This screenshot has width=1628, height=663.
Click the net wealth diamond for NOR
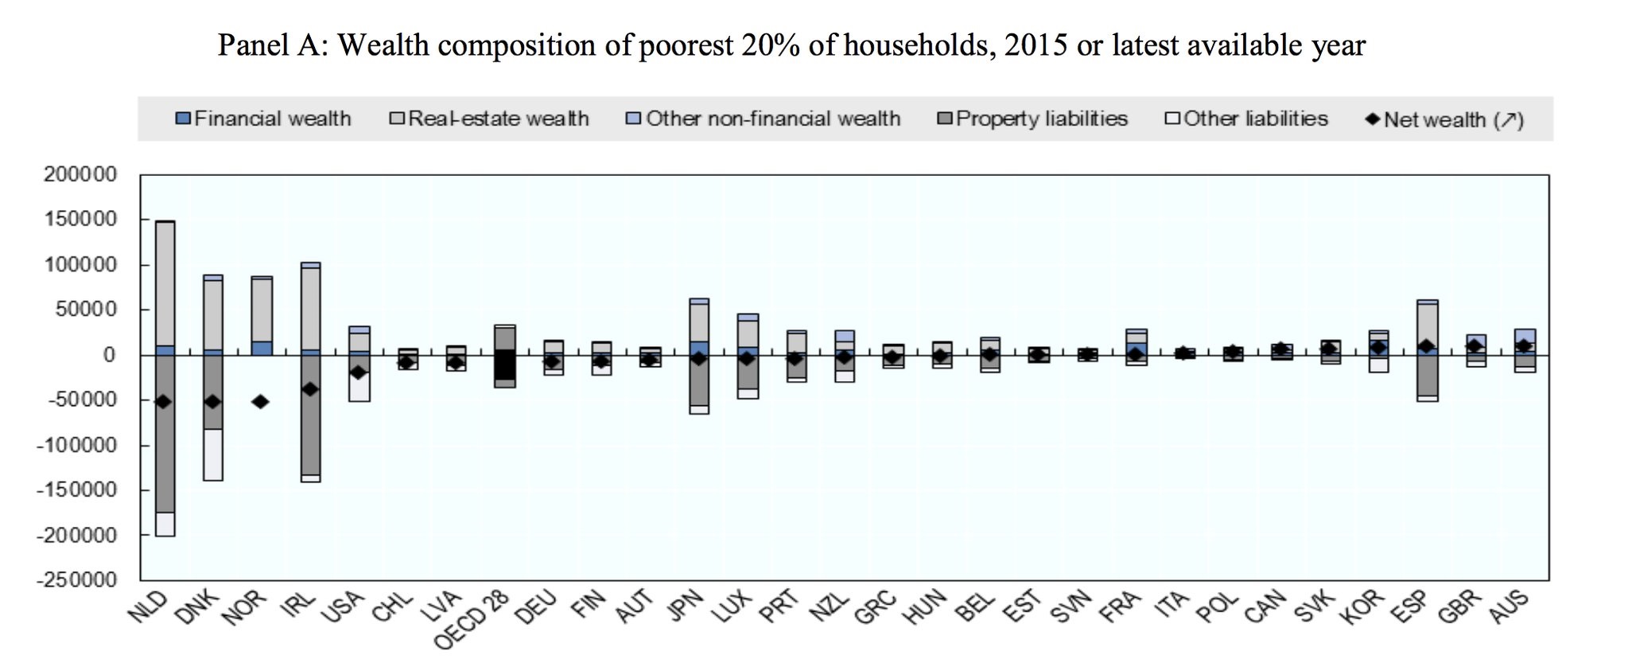(260, 402)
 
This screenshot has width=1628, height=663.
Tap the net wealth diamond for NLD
(163, 402)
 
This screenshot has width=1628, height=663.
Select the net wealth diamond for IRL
(309, 389)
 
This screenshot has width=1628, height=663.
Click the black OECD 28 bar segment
(504, 365)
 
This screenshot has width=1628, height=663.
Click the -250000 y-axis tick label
(76, 579)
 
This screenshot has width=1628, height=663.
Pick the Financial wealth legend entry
(263, 119)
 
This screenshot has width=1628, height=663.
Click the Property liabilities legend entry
(1033, 119)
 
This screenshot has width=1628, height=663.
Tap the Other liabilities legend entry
(1247, 119)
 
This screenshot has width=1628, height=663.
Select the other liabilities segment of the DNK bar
(212, 454)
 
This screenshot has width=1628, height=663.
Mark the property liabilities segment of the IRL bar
(309, 430)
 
